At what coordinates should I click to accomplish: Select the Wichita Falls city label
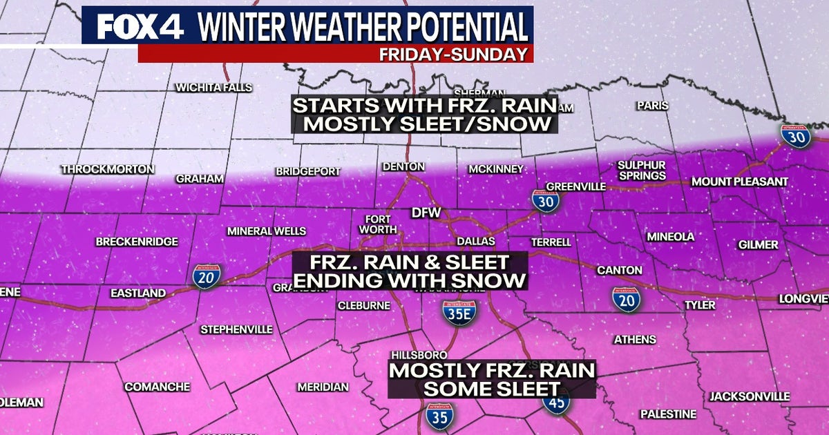[x=213, y=88]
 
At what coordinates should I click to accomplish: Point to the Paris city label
[x=652, y=106]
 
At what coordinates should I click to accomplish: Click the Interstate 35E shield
[x=459, y=313]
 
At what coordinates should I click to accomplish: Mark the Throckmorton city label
[x=108, y=169]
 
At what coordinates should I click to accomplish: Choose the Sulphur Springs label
[x=641, y=171]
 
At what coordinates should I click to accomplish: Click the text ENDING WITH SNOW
[x=410, y=281]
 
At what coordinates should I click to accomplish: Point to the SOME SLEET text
[x=490, y=388]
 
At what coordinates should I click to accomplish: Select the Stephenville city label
[x=236, y=329]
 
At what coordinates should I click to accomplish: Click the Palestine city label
[x=667, y=414]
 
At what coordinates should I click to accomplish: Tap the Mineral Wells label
[x=267, y=231]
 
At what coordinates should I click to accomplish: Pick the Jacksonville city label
[x=749, y=396]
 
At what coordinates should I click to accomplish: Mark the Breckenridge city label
[x=136, y=242]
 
